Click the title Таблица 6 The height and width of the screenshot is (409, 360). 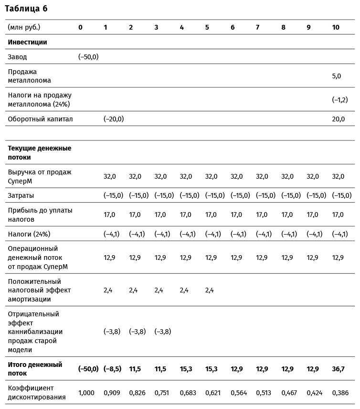(26, 9)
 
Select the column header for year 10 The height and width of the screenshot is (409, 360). (336, 27)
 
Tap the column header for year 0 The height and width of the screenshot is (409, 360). (80, 27)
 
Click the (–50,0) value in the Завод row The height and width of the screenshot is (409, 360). (88, 57)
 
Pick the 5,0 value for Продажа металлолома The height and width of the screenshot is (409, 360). (337, 76)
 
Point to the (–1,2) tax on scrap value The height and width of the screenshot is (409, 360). (339, 99)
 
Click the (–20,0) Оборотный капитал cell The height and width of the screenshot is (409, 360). (114, 119)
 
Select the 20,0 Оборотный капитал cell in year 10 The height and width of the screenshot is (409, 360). (338, 119)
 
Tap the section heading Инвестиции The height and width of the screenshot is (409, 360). (27, 42)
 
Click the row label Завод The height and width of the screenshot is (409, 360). (17, 57)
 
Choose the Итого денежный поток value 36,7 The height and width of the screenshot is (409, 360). (338, 369)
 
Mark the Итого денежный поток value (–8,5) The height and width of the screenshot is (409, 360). (113, 369)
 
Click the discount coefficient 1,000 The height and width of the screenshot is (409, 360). (86, 393)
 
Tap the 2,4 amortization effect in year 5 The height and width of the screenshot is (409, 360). (210, 290)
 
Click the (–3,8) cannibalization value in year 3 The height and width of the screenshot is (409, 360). (163, 332)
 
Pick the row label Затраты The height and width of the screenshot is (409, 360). (21, 195)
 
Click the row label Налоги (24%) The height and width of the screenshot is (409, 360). (29, 234)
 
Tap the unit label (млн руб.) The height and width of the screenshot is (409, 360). (24, 27)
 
